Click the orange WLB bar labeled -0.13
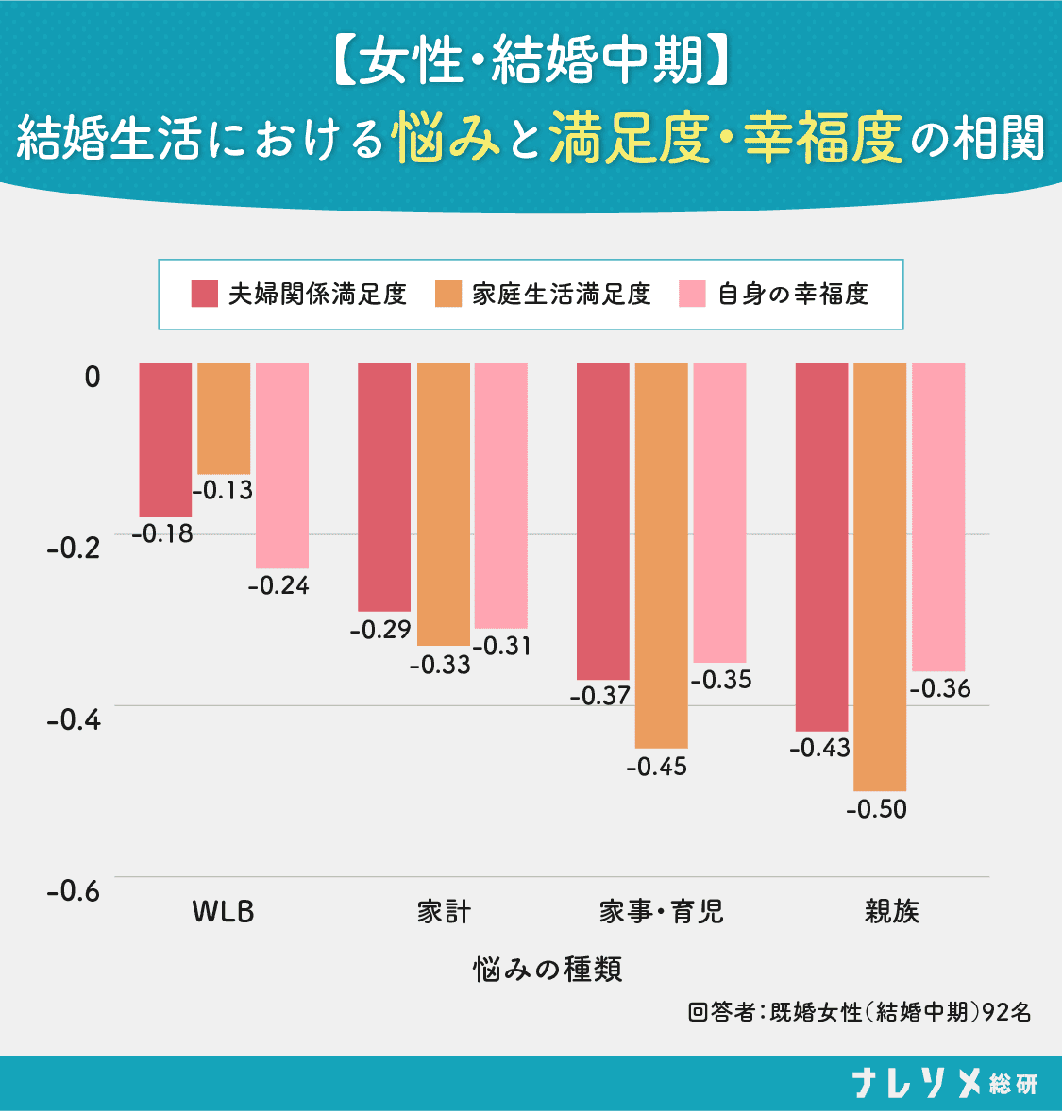click(x=223, y=418)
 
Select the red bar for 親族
click(x=821, y=547)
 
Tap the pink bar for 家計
click(x=501, y=496)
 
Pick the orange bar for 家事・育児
click(x=661, y=555)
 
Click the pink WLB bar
click(x=282, y=465)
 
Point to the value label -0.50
click(x=876, y=809)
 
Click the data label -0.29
click(x=380, y=630)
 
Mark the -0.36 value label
click(x=939, y=688)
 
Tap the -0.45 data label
click(x=656, y=767)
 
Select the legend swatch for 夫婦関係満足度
click(x=205, y=294)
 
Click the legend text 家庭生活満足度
click(x=562, y=294)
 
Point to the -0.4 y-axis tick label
click(x=74, y=720)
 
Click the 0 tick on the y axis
click(x=93, y=377)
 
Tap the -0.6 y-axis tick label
click(x=74, y=891)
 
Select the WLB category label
click(x=223, y=912)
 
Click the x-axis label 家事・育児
click(x=661, y=912)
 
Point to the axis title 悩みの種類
click(x=548, y=969)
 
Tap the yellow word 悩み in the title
click(x=446, y=137)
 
